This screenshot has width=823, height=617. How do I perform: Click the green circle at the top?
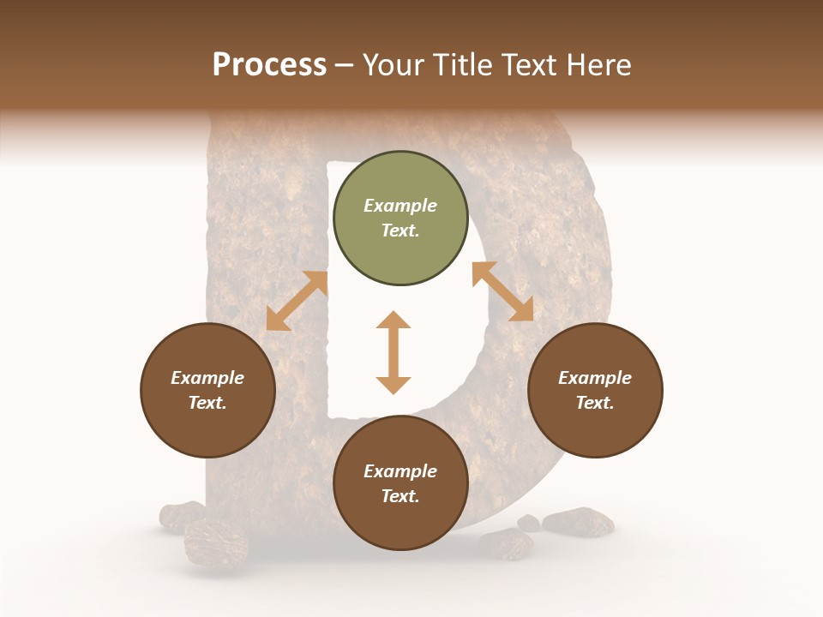(x=400, y=219)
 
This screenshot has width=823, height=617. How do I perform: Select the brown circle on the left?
(x=207, y=390)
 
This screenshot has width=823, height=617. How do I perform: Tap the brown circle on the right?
(x=595, y=390)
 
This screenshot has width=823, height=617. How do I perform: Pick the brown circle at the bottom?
(x=400, y=483)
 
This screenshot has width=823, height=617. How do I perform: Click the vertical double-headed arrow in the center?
(x=393, y=352)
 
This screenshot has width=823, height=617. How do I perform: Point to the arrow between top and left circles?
(x=297, y=301)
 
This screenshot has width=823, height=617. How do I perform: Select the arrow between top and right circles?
(x=502, y=291)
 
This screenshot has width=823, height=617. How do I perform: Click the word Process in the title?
(x=269, y=64)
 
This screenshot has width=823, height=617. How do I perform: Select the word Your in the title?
(x=389, y=64)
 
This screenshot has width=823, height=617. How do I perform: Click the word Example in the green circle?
(x=400, y=206)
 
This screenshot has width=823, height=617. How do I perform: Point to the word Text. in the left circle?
(x=207, y=403)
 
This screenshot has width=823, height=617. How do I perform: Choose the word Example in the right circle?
(x=595, y=378)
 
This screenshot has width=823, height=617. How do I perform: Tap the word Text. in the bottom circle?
(x=400, y=496)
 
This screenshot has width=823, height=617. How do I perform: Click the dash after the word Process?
(x=345, y=65)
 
